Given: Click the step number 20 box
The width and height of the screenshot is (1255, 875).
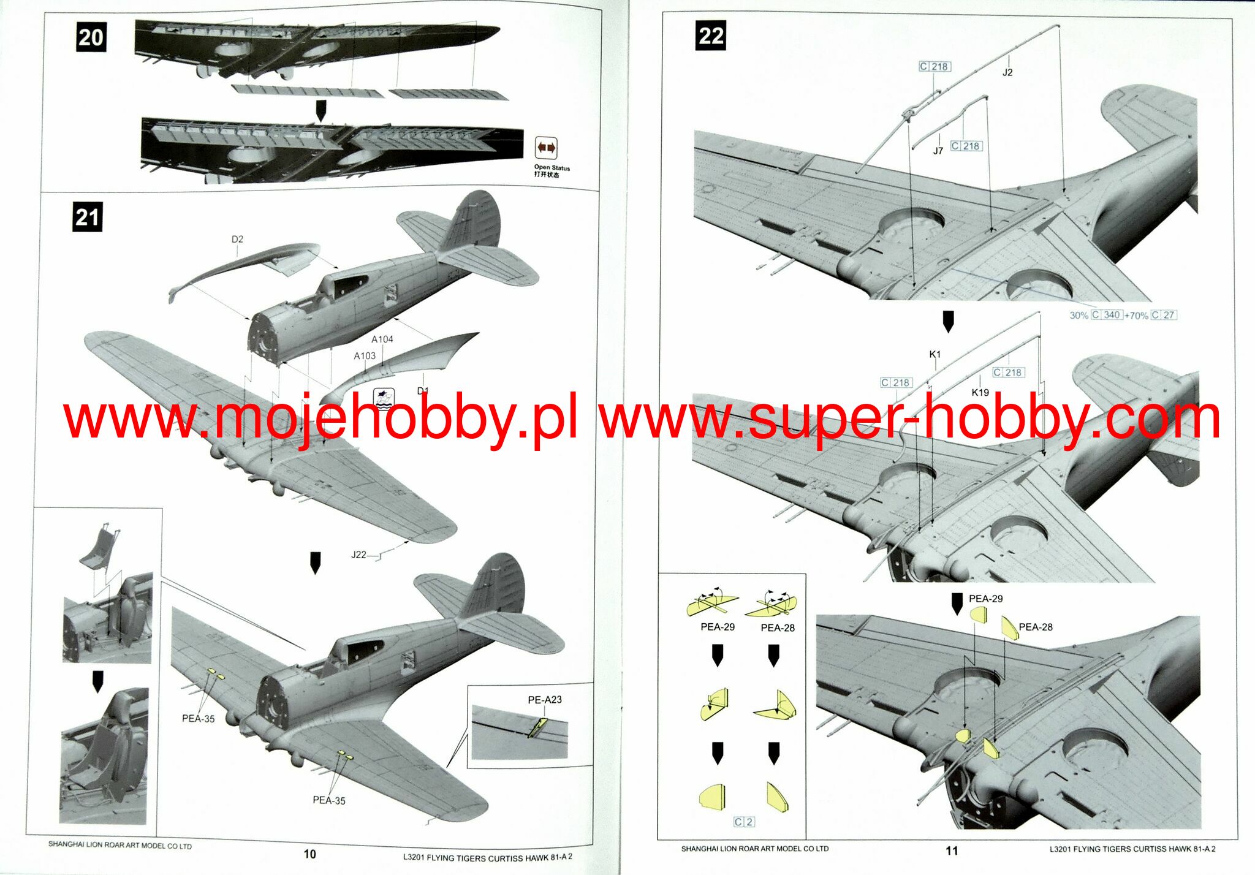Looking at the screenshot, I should (x=91, y=37).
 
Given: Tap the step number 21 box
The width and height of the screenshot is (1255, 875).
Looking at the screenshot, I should (x=87, y=218).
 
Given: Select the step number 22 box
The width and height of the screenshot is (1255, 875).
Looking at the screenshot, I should (x=711, y=36).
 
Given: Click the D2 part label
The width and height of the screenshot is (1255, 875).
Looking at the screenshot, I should (x=237, y=239).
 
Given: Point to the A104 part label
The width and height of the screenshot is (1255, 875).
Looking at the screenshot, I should (x=382, y=339).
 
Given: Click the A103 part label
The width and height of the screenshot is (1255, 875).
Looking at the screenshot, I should (x=365, y=355).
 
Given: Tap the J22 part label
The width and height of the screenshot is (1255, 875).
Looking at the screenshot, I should (x=358, y=555).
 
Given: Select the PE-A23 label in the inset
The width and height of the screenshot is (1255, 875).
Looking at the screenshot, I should (x=545, y=700).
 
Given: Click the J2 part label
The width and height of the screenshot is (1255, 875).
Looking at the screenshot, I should (x=1007, y=72).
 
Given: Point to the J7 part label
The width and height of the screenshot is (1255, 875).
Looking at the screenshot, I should (x=938, y=151).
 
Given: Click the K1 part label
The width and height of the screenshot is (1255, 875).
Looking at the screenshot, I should (x=935, y=354).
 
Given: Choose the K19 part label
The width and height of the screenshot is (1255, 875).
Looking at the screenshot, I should (x=980, y=392).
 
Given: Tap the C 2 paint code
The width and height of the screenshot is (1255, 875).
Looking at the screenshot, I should (x=744, y=822).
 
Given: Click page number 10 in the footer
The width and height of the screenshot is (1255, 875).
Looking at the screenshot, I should (x=310, y=854).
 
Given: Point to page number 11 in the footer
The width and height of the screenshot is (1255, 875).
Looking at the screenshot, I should (x=952, y=850).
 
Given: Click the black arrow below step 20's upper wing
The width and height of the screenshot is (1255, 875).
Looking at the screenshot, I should (x=320, y=110).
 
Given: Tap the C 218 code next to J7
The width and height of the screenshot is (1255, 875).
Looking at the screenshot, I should (x=966, y=146).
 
